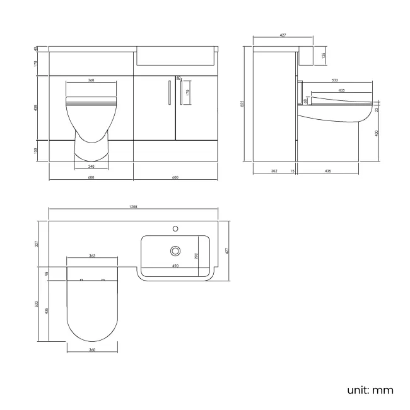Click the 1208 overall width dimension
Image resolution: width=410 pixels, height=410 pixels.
coord(133,207)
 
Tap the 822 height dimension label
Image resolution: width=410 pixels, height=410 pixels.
coord(243,104)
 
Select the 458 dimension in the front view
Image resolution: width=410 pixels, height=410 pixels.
coord(37,107)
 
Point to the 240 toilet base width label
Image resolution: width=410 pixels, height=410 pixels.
coord(91,167)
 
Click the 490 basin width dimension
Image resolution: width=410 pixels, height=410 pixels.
coord(175,266)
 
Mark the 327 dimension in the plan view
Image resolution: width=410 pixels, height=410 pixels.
coord(37,243)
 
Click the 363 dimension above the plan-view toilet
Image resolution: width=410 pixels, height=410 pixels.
coord(92,256)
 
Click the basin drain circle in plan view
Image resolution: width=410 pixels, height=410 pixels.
coord(175,251)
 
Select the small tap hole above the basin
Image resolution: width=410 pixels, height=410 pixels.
coord(175,226)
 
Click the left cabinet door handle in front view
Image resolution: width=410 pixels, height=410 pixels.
coord(169,93)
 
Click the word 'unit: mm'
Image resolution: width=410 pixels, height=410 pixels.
coord(370,390)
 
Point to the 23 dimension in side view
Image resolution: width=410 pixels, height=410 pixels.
coord(377,109)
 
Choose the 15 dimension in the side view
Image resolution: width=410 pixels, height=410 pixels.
coord(293,170)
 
